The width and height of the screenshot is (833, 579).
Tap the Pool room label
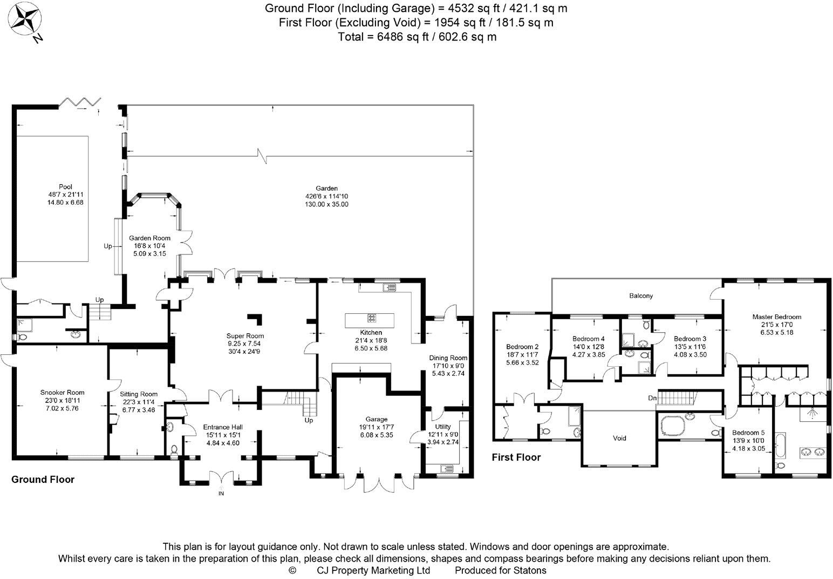65,186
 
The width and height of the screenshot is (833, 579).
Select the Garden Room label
149,238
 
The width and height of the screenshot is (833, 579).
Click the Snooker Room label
62,393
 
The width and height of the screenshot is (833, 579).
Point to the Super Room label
245,336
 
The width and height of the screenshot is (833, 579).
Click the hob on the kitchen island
372,318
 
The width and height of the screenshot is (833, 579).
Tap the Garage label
377,419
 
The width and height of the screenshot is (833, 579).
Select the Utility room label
443,427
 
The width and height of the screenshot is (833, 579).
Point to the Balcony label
641,295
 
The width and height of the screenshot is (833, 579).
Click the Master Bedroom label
777,317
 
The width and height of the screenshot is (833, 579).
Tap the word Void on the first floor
619,438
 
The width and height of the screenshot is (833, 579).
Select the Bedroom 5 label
749,433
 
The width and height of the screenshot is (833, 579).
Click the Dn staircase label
652,398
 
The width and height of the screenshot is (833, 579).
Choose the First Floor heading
516,457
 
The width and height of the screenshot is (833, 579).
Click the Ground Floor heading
43,479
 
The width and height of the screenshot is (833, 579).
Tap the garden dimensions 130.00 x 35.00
326,204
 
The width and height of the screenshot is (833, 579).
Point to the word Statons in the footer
530,570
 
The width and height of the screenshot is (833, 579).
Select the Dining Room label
448,358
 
